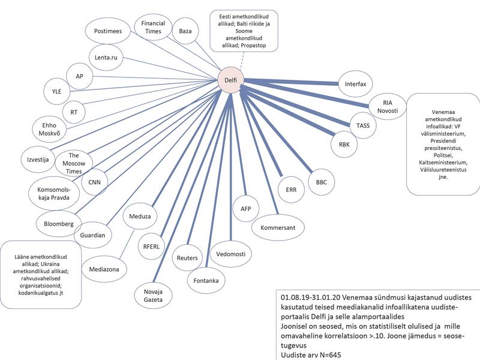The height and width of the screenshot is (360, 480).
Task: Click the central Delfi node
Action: click(x=230, y=80)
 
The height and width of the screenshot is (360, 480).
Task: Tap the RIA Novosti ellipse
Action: click(x=387, y=106)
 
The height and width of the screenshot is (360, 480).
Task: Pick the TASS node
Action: click(x=362, y=125)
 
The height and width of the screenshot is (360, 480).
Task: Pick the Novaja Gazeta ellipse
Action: click(x=153, y=294)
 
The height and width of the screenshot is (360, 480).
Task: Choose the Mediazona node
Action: click(x=104, y=269)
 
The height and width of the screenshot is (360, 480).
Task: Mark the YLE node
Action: click(x=57, y=91)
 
